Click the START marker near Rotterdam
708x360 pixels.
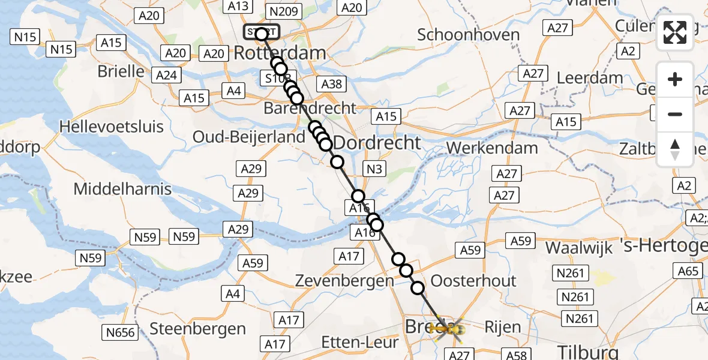coord(262,32)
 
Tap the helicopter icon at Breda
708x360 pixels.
coord(449,329)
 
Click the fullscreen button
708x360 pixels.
coord(675,32)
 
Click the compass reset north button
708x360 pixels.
coord(675,149)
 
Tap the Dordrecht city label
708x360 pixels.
coord(377,143)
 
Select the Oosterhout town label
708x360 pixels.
coord(473,281)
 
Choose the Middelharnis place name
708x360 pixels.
coord(122,189)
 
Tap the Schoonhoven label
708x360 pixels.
coord(468,34)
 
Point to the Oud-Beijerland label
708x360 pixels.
coord(249,137)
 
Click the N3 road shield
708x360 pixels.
coord(374,169)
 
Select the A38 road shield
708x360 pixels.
coord(332,84)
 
